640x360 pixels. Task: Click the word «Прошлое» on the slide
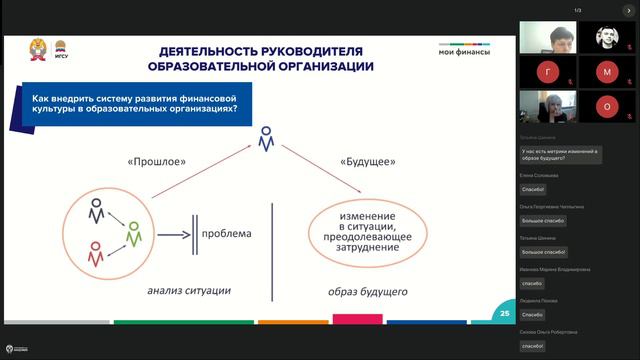157,160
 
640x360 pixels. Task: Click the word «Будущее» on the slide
368,160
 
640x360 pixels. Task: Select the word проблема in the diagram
226,234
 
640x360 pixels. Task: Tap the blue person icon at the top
265,139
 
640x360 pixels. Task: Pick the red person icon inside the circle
96,254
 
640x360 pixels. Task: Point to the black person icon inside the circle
96,212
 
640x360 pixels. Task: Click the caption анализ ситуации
189,291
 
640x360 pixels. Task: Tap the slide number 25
505,316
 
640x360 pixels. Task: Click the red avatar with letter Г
546,72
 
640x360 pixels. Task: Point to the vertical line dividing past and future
273,251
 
